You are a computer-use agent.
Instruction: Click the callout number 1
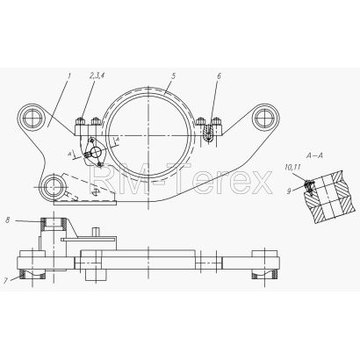coord(69,76)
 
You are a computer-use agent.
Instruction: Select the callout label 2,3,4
coord(97,76)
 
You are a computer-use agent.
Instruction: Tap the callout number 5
coord(174,76)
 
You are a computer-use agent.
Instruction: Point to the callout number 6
coord(219,76)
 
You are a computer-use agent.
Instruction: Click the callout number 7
coord(6,281)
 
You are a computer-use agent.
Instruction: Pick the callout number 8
coord(8,220)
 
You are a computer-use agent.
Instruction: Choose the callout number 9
coord(289,191)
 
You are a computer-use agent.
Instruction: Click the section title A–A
coord(314,156)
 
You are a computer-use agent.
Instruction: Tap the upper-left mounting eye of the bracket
coord(32,119)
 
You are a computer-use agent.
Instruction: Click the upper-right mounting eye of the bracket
coord(264,119)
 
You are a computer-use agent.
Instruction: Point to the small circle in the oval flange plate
coord(95,151)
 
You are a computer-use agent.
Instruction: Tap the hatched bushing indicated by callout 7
coord(32,274)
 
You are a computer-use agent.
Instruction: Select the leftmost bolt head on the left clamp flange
coord(80,121)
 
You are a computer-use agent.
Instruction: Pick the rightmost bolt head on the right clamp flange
coord(217,121)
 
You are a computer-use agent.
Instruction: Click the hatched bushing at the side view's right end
coord(264,274)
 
